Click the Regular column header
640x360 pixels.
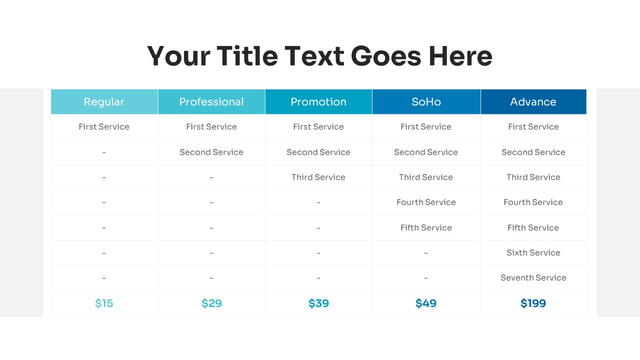point(104,101)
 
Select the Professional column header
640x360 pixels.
point(211,101)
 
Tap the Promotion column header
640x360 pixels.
point(318,101)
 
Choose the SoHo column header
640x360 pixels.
point(426,101)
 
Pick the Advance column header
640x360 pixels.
point(533,101)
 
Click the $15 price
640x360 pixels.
point(104,303)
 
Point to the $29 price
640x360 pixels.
point(211,303)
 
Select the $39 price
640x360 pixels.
point(318,303)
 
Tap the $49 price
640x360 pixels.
point(426,303)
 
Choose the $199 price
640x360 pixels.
point(533,303)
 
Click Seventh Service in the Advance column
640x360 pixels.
point(533,277)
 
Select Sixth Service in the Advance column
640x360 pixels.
point(533,252)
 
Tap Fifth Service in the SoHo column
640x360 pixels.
point(426,227)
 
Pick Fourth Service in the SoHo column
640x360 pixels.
point(426,202)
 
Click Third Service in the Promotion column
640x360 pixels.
point(318,177)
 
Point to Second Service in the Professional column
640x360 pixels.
point(211,152)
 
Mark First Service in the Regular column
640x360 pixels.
point(104,126)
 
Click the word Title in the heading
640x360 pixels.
point(247,56)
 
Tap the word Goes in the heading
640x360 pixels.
point(386,56)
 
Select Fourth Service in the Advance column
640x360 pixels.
point(533,202)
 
